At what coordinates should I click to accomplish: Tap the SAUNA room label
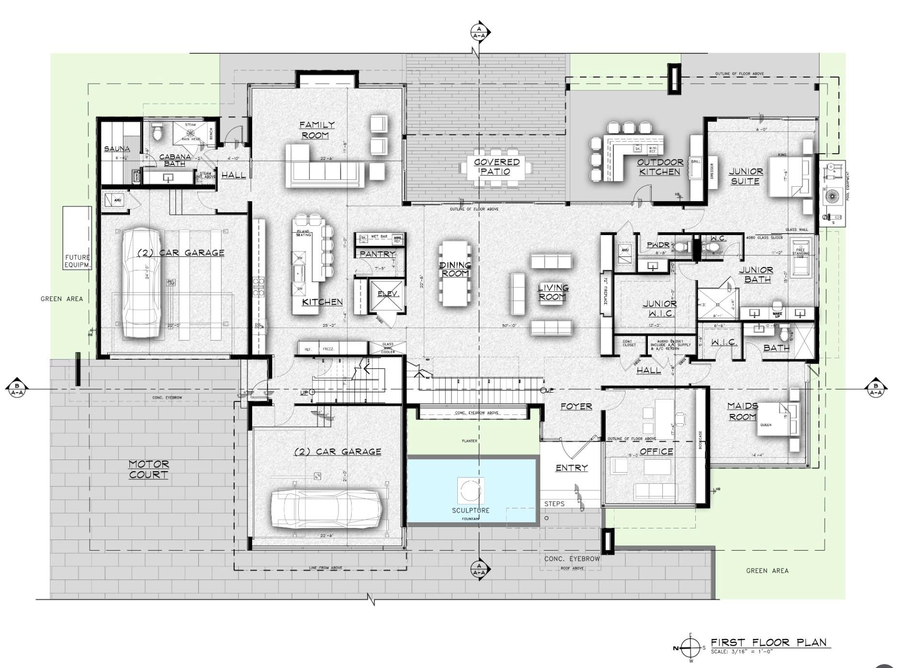(117, 148)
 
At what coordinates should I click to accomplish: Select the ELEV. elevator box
(388, 295)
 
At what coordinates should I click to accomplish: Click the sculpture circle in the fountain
(470, 491)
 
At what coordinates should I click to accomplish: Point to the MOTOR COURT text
(149, 469)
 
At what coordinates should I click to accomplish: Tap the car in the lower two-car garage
(326, 509)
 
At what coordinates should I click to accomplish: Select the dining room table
(455, 273)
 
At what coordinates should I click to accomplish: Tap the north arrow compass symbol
(690, 647)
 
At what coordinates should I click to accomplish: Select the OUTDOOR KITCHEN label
(660, 167)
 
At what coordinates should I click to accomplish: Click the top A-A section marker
(479, 32)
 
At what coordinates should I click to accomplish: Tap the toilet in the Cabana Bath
(157, 130)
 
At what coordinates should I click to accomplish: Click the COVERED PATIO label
(497, 166)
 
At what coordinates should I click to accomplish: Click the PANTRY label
(377, 254)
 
